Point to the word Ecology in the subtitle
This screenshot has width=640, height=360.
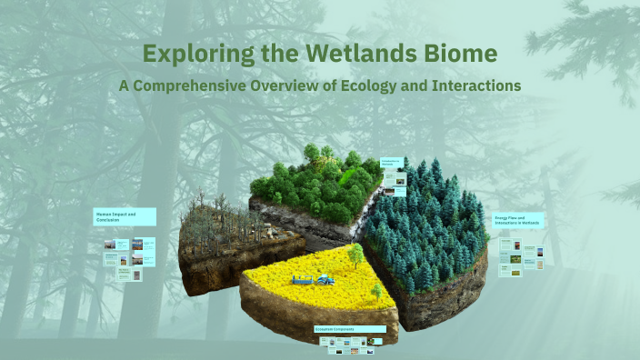(361, 85)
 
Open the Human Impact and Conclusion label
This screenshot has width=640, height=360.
(125, 216)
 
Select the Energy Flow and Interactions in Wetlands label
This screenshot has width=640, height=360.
(518, 221)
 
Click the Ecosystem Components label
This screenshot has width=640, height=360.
(349, 328)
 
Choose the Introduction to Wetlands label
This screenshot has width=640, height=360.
(393, 164)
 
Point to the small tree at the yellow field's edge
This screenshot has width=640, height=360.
(376, 292)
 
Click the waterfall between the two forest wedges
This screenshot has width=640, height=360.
(368, 214)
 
